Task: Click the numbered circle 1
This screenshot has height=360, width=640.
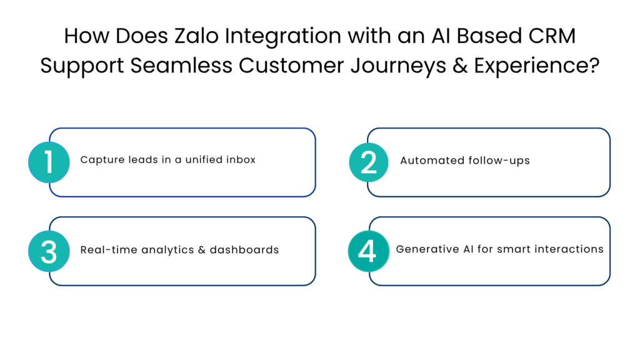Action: tap(49, 162)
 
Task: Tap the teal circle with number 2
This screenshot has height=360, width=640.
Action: tap(369, 162)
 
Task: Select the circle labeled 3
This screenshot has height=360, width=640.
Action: tap(49, 251)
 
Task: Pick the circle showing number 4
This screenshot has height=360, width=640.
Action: tap(367, 251)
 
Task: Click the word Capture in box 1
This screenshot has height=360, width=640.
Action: tap(99, 160)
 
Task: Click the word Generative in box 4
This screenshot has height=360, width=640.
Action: tap(423, 249)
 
